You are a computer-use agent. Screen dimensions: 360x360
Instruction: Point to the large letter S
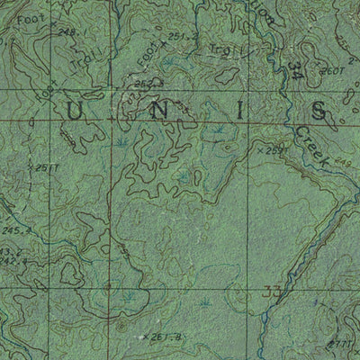point(317,110)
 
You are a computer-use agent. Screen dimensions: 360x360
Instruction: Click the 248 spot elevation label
point(66,32)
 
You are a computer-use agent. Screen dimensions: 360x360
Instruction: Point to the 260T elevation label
point(333,69)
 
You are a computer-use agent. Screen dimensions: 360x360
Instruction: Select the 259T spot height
point(274,151)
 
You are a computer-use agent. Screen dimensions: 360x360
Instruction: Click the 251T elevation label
point(46,167)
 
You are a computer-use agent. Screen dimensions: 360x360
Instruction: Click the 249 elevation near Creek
point(339,162)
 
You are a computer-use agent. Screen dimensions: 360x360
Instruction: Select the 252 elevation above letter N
point(145,85)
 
